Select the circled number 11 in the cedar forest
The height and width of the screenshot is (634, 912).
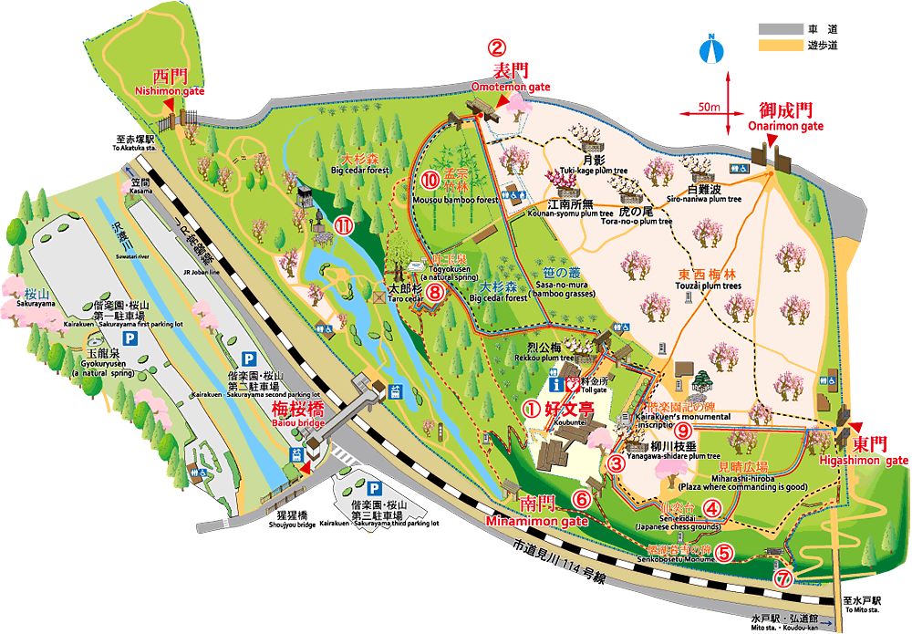(343, 226)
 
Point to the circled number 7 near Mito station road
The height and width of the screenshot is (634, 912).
(782, 577)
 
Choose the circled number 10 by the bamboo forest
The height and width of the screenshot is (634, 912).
(431, 179)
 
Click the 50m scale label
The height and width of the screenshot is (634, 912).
(710, 108)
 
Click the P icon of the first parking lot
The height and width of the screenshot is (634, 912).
(130, 338)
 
